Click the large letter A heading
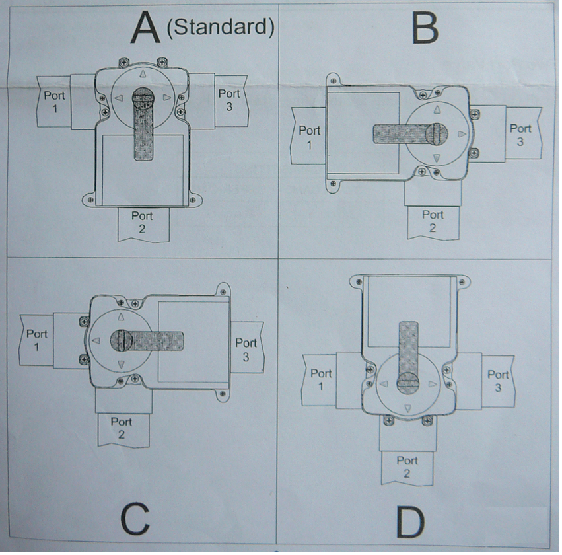[x=145, y=28]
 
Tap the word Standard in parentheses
[x=221, y=27]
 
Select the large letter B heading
[x=425, y=28]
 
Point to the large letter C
[x=135, y=519]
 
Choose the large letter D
[x=411, y=521]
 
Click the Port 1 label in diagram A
[x=54, y=102]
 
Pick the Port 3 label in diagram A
[x=229, y=100]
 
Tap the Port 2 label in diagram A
[x=142, y=222]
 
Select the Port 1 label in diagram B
[x=309, y=137]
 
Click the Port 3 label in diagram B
[x=520, y=135]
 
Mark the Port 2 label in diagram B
[x=433, y=221]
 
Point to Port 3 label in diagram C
[x=246, y=350]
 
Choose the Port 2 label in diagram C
[x=122, y=428]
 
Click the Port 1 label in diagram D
[x=321, y=380]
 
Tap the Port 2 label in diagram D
[x=407, y=467]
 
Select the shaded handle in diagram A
[x=143, y=124]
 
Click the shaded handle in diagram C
[x=147, y=341]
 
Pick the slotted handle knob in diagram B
[x=437, y=133]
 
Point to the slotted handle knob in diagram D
[x=408, y=383]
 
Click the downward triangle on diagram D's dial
[x=407, y=408]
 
